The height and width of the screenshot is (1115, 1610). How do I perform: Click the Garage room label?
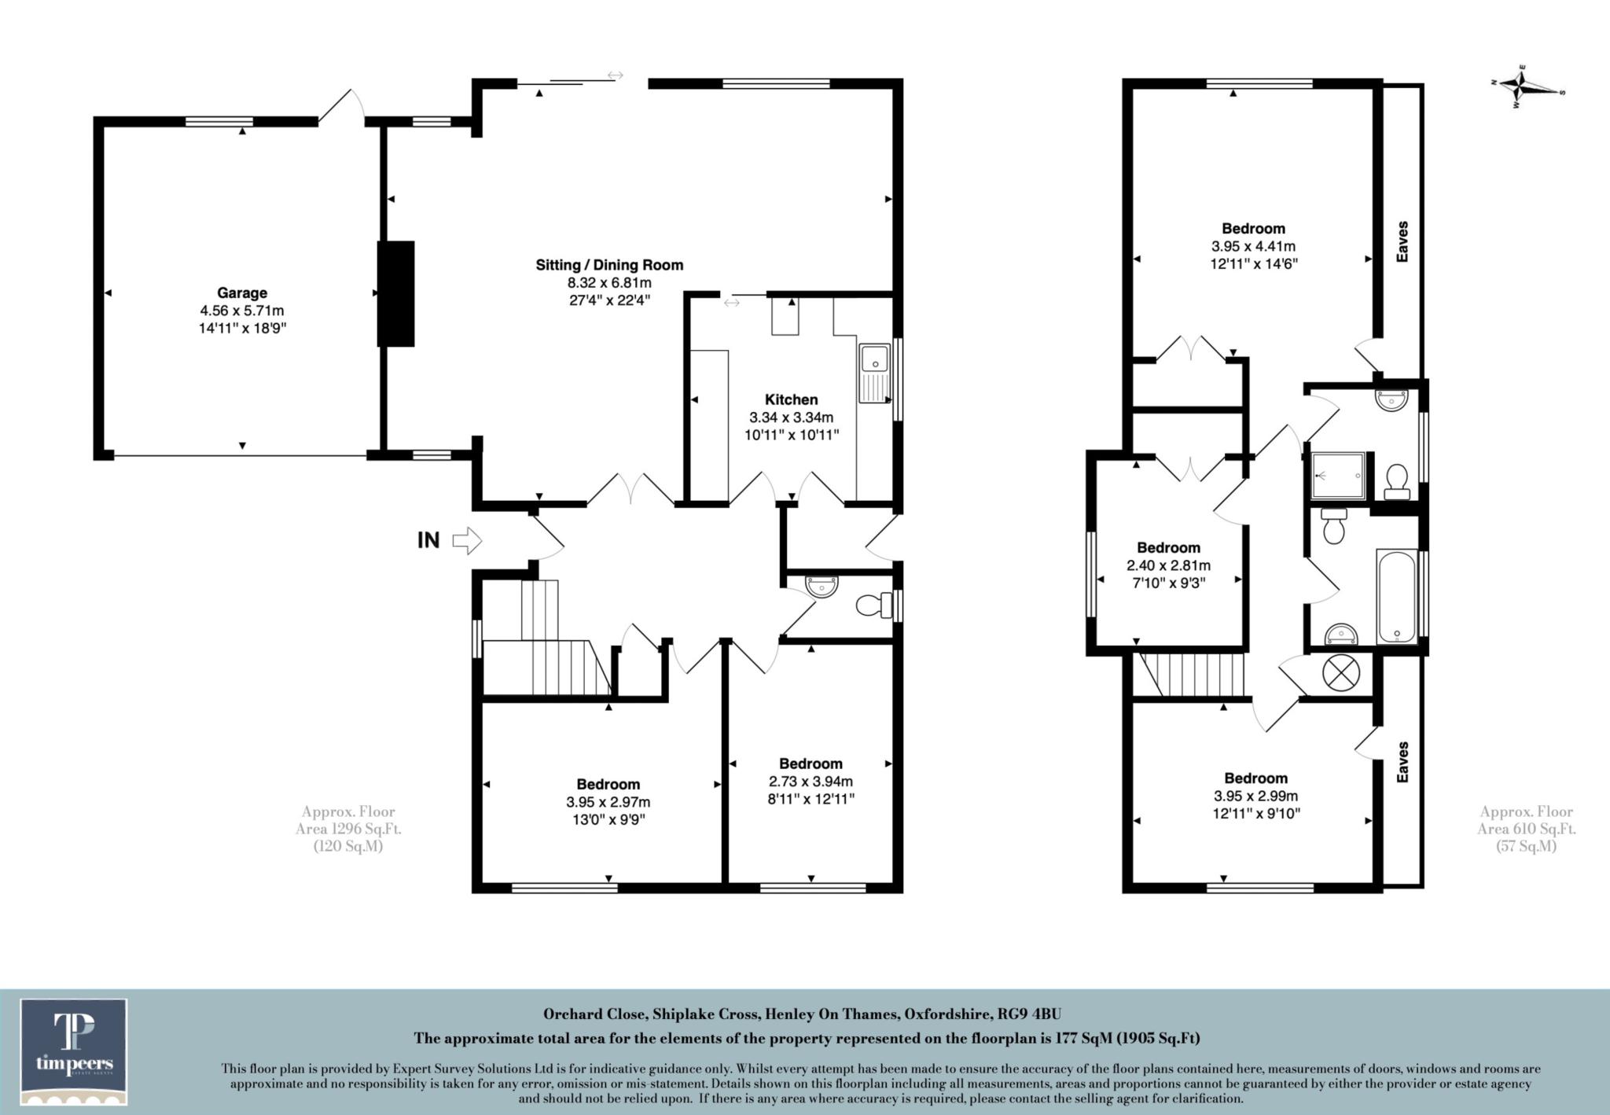click(x=242, y=293)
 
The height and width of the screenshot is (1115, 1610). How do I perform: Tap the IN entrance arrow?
click(x=467, y=541)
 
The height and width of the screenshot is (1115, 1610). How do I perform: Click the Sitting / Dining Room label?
click(x=609, y=265)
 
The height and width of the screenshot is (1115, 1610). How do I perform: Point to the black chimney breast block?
click(x=395, y=293)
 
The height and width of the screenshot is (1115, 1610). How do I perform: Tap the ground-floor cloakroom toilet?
click(x=871, y=605)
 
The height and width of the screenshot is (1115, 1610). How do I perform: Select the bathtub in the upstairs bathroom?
click(x=1396, y=598)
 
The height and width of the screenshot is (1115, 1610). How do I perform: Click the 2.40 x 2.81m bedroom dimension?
click(x=1168, y=565)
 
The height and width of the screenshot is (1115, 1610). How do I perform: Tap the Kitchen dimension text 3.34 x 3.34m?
click(x=792, y=417)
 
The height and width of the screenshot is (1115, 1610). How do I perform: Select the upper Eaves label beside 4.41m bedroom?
click(x=1402, y=241)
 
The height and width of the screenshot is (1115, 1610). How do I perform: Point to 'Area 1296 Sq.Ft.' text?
click(x=348, y=829)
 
